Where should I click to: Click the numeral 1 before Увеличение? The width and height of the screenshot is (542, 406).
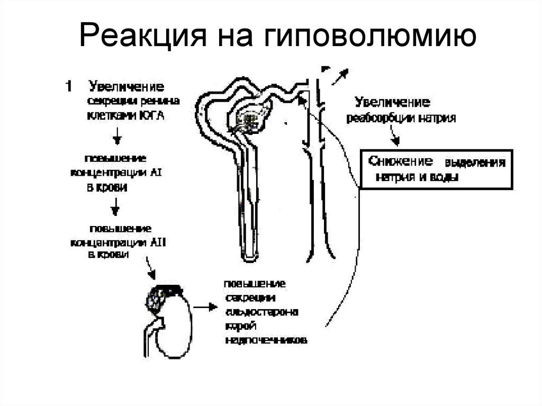[x=68, y=86]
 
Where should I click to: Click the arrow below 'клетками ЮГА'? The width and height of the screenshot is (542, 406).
[x=118, y=138]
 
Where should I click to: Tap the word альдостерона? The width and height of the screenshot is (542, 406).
[x=263, y=311]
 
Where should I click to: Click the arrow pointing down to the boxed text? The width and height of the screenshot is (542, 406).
[x=393, y=139]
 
